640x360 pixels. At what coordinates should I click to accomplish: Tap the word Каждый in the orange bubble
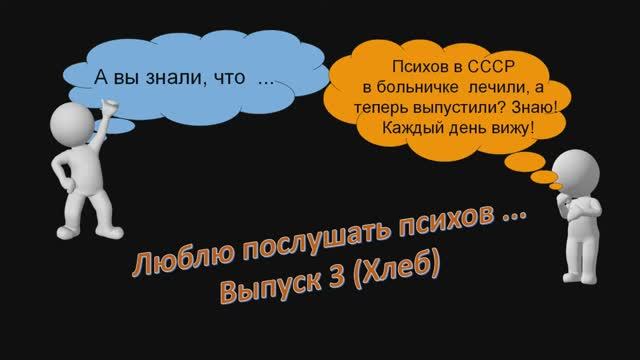tap(412, 129)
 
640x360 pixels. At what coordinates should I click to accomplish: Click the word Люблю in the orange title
tap(172, 261)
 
